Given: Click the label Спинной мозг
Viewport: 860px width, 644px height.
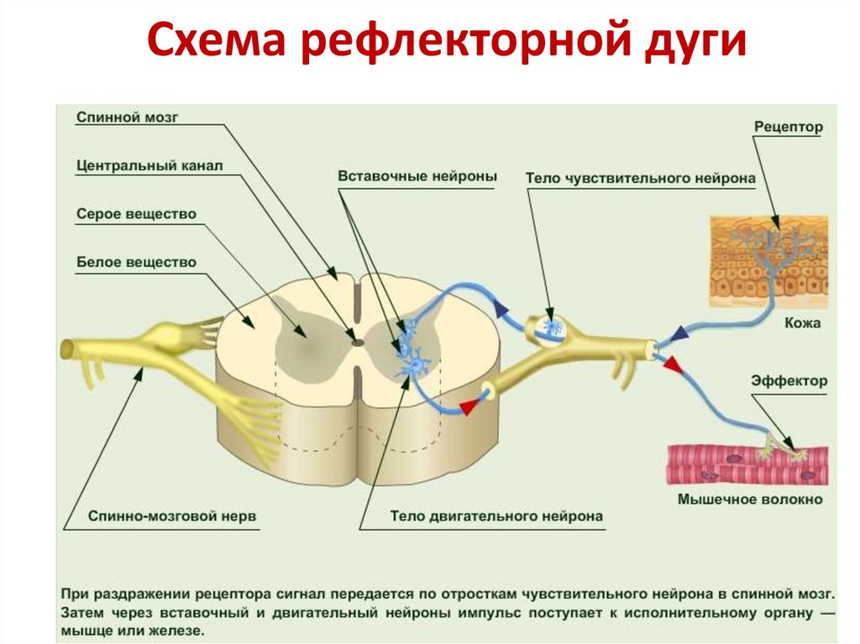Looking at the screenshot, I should [127, 118].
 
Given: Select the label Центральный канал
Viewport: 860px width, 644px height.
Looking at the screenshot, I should [149, 166].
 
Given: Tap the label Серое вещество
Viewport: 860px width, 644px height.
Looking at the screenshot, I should [135, 214].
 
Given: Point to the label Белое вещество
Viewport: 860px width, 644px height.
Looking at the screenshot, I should [135, 262].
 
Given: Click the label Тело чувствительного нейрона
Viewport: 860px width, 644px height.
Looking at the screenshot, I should [640, 178].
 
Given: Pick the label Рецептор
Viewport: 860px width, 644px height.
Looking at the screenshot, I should [788, 128].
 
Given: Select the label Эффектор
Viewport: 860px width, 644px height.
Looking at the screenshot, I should [789, 380].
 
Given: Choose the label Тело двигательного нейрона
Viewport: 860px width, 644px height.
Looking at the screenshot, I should [496, 516].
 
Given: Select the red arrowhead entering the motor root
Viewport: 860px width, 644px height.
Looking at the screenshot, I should [467, 407].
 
